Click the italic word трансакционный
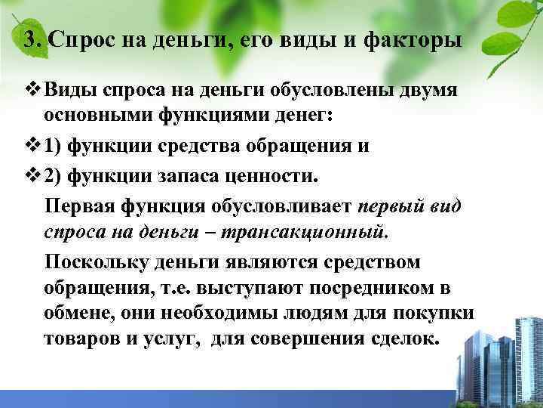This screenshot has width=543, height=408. tap(317, 233)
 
